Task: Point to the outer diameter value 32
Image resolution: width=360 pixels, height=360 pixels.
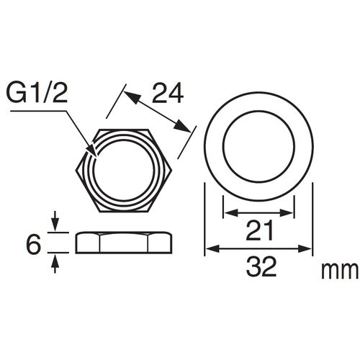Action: pos(259,269)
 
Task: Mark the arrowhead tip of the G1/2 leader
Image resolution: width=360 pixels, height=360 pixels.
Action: pos(96,153)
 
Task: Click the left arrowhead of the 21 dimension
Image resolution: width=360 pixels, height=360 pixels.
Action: pos(227,212)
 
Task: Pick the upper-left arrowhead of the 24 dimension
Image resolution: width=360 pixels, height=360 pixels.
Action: pos(128,91)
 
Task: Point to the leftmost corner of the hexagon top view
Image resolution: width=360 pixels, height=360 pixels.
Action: pos(76,171)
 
